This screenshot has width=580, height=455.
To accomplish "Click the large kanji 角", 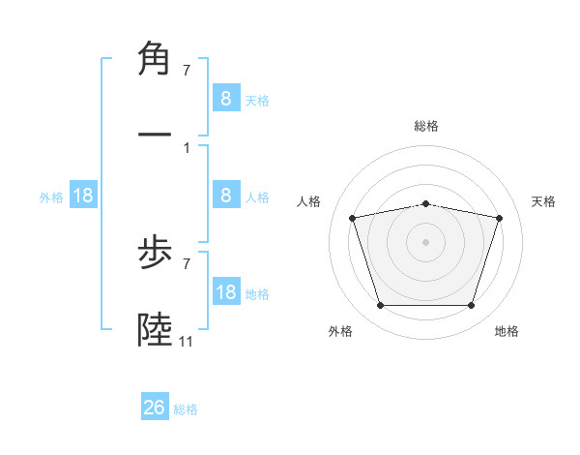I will click(155, 60).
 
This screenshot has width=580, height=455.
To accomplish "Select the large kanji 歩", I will click(155, 258).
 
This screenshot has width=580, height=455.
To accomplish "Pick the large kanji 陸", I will click(155, 330).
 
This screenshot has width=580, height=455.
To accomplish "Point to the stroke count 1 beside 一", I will click(186, 147).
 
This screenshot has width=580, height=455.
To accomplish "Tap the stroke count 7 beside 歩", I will click(186, 263).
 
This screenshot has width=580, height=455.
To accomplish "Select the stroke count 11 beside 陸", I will click(187, 342).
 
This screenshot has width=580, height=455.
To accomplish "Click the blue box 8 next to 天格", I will click(225, 99).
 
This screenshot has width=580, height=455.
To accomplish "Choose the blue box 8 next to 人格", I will click(225, 196).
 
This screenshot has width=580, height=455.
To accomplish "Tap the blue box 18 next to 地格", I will click(225, 292).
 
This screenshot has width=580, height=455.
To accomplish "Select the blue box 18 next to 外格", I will click(83, 196).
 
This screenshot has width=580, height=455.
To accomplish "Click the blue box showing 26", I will click(155, 408).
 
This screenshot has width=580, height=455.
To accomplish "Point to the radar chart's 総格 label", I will click(425, 126).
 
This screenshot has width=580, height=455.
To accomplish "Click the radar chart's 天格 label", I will click(543, 201).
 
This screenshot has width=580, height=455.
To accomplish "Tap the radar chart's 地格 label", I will click(507, 331).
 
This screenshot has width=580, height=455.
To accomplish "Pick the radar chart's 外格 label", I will click(340, 331).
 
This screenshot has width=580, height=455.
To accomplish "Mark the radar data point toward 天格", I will click(499, 218).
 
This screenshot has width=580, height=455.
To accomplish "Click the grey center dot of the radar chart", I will click(425, 241).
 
